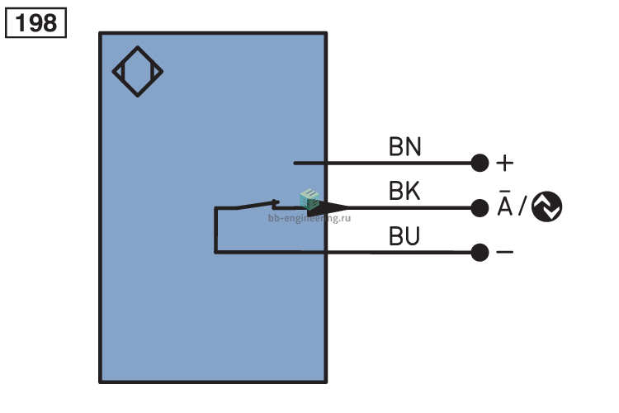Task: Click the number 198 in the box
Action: [x=35, y=23]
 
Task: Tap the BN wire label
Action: [x=405, y=147]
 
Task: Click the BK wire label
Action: [x=404, y=192]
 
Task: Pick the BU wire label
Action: [x=404, y=236]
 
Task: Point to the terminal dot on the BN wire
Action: [x=480, y=163]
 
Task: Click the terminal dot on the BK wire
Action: [x=480, y=208]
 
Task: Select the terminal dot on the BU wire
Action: [x=480, y=253]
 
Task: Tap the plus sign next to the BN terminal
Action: [x=504, y=163]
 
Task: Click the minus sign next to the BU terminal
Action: [x=504, y=252]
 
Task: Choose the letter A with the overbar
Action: [x=504, y=203]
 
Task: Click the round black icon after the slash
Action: [x=546, y=206]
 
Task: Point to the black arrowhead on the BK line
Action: [x=328, y=208]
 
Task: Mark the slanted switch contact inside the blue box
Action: [x=257, y=205]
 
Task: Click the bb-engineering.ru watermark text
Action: [x=309, y=218]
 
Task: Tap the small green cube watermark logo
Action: [x=309, y=199]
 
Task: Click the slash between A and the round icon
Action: [x=522, y=206]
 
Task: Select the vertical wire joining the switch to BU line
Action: [x=215, y=230]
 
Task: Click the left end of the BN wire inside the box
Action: [x=295, y=163]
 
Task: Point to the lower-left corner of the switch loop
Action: [x=215, y=252]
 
